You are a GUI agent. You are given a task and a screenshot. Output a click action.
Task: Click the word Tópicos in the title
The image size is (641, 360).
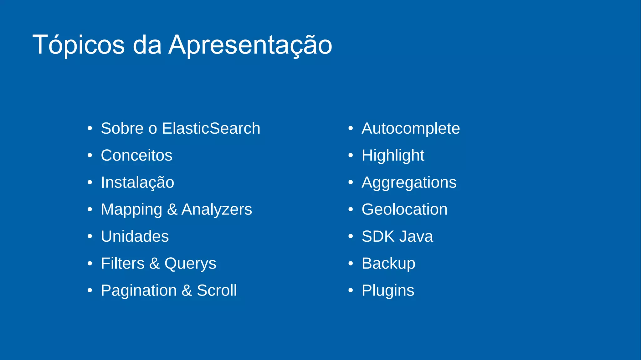click(79, 45)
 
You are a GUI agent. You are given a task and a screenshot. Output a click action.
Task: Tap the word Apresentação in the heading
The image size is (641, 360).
click(250, 45)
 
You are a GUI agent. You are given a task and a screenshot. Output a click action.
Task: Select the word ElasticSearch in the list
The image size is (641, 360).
click(211, 128)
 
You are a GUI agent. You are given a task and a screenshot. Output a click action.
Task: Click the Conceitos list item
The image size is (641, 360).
click(136, 155)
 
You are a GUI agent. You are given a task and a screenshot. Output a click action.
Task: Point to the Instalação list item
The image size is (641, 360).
click(137, 183)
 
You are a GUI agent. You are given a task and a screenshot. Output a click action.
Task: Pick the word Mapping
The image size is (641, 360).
click(131, 209)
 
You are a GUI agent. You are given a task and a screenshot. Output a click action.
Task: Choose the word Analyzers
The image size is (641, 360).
click(217, 209)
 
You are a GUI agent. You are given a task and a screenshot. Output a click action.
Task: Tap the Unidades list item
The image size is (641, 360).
click(135, 236)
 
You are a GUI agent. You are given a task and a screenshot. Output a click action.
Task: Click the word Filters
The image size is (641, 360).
click(123, 263)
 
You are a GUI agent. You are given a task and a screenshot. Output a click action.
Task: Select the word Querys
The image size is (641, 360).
click(190, 264)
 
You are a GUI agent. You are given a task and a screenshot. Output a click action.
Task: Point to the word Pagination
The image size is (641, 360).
click(139, 291)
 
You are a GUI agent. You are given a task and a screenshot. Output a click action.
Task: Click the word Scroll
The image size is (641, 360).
click(217, 290)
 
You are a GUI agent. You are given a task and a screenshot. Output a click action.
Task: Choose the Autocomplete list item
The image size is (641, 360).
click(411, 128)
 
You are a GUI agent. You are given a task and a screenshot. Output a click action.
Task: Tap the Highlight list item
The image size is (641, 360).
click(393, 155)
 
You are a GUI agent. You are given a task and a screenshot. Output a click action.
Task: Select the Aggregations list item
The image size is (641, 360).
click(409, 183)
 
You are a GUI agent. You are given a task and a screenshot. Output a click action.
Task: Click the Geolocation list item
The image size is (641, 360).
click(404, 209)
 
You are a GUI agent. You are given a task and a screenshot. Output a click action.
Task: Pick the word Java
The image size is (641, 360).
click(416, 236)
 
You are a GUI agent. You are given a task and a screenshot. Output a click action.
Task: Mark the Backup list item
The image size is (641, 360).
click(388, 264)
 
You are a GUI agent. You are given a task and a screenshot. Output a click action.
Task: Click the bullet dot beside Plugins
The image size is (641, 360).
click(351, 291)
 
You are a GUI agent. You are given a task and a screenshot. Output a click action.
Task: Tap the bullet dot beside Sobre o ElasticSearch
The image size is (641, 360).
click(90, 128)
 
